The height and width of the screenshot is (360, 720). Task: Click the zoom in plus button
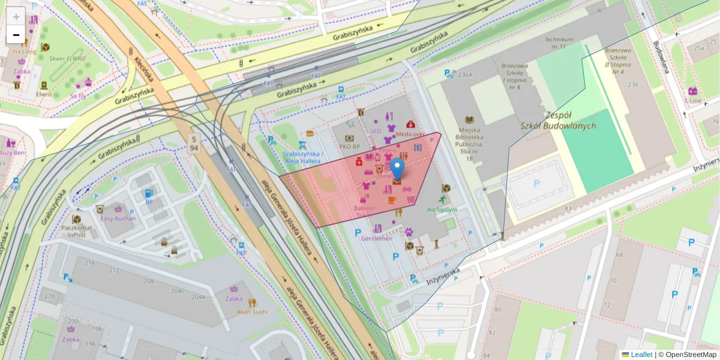16,17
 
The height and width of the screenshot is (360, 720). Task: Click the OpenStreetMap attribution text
687,355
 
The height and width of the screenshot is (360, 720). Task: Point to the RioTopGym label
442,209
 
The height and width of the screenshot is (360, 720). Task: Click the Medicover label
410,134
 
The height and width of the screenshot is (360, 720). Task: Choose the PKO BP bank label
349,146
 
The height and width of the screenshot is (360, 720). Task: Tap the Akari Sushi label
252,311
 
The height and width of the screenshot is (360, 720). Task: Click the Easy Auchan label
118,218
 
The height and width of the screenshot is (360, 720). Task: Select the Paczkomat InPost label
76,231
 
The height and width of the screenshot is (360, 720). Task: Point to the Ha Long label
24,52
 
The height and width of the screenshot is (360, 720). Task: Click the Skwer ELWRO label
67,59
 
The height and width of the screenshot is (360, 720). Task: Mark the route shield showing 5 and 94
193,143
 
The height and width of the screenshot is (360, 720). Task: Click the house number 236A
466,75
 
